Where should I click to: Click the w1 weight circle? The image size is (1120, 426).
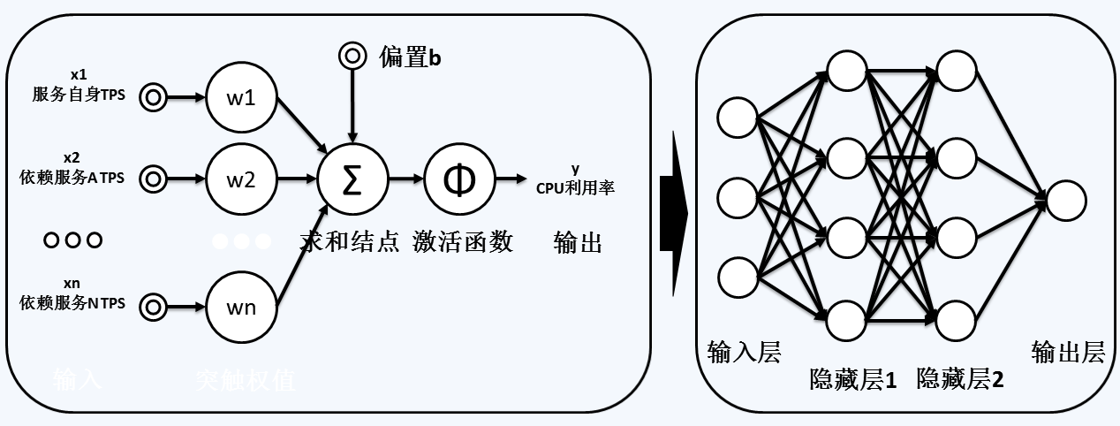(x=241, y=97)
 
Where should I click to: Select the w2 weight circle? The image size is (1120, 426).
(x=241, y=180)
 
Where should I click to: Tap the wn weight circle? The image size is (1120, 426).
(x=241, y=307)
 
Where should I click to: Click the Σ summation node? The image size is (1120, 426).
(x=352, y=179)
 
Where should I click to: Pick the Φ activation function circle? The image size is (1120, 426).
(x=458, y=179)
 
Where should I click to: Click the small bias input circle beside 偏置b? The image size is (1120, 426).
(x=352, y=57)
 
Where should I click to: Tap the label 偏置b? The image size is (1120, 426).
(x=410, y=58)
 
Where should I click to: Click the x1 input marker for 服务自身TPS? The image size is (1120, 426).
(x=153, y=97)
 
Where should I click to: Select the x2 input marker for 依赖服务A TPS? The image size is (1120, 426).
(x=153, y=179)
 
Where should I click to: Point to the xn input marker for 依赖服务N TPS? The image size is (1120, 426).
(x=153, y=307)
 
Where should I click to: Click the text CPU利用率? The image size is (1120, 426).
(x=575, y=187)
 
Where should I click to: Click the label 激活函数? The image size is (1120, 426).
(x=462, y=242)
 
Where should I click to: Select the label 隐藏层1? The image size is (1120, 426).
(x=853, y=381)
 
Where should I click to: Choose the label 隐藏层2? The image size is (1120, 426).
(x=960, y=381)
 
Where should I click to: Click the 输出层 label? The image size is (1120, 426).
(x=1068, y=354)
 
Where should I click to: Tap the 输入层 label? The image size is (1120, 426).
(x=745, y=354)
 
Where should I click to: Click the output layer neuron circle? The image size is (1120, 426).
(x=1065, y=200)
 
